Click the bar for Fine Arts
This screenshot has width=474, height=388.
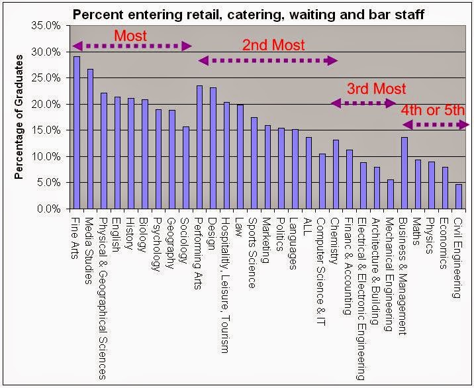[x=77, y=132]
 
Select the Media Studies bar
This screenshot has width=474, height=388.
[x=91, y=139]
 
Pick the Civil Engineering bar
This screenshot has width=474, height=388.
[x=458, y=197]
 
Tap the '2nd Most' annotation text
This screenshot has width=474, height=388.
[x=273, y=46]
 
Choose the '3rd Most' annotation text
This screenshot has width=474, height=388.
[x=376, y=89]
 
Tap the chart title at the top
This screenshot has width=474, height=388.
[x=248, y=13]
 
